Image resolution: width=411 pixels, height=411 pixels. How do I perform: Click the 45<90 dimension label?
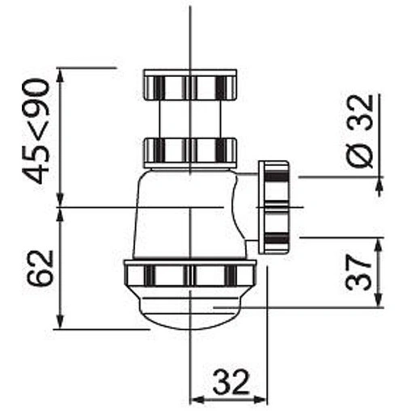pyautogui.click(x=36, y=129)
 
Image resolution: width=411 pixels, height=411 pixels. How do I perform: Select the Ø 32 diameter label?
pyautogui.click(x=362, y=131)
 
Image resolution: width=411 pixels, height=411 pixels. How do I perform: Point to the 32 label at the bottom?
pyautogui.click(x=231, y=380)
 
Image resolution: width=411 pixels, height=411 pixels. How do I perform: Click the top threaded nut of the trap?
pyautogui.click(x=190, y=85)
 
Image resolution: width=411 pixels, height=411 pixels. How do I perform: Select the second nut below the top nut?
pyautogui.click(x=190, y=151)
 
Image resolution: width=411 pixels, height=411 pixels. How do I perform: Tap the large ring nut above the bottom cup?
pyautogui.click(x=190, y=276)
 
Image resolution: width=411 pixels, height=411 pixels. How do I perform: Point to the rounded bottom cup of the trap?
pyautogui.click(x=190, y=311)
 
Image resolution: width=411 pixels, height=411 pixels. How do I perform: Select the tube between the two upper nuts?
pyautogui.click(x=190, y=118)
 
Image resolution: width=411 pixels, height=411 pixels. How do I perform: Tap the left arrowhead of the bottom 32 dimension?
pyautogui.click(x=195, y=398)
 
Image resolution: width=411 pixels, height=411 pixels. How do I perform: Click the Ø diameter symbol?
pyautogui.click(x=362, y=156)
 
